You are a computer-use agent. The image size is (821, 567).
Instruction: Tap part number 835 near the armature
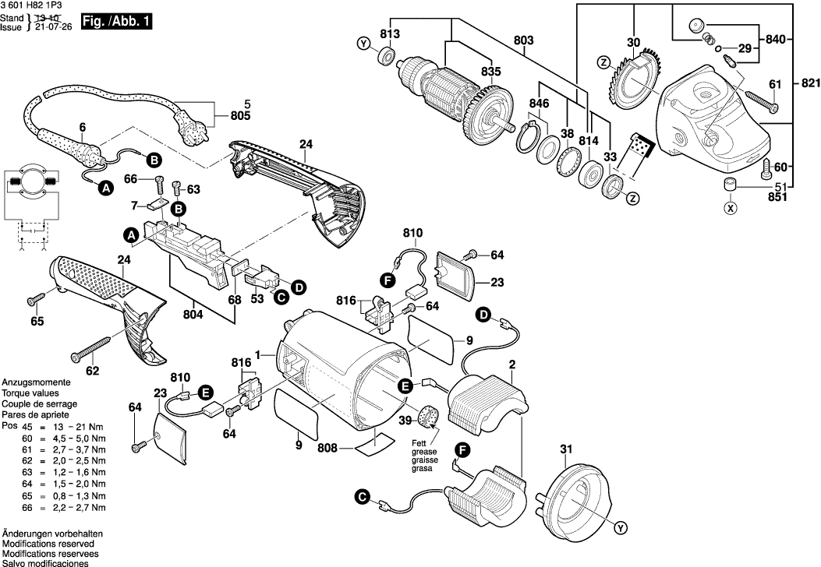pos(490,72)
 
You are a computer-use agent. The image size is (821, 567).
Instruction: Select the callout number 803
pos(524,40)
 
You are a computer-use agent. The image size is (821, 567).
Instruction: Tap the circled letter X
pos(730,209)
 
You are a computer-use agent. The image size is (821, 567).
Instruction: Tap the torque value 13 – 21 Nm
pos(70,428)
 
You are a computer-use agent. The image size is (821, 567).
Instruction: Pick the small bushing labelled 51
pos(728,185)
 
